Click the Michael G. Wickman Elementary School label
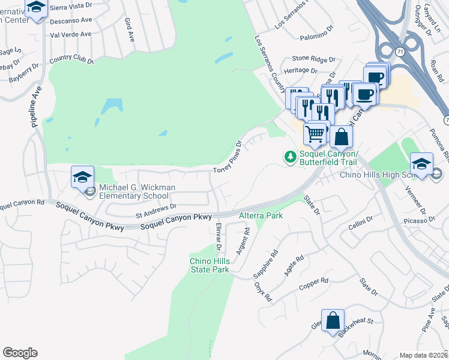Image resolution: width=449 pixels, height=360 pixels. pyautogui.click(x=137, y=191)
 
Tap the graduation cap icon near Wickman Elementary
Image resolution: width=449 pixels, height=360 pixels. pyautogui.click(x=82, y=177)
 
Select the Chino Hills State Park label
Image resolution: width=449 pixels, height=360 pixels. pyautogui.click(x=209, y=265)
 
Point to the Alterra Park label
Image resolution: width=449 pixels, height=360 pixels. pyautogui.click(x=261, y=214)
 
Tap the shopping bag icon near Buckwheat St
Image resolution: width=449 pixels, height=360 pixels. pyautogui.click(x=333, y=320)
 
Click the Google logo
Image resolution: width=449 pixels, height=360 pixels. pyautogui.click(x=20, y=353)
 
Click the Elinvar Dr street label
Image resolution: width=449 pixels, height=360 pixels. pyautogui.click(x=218, y=235)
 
